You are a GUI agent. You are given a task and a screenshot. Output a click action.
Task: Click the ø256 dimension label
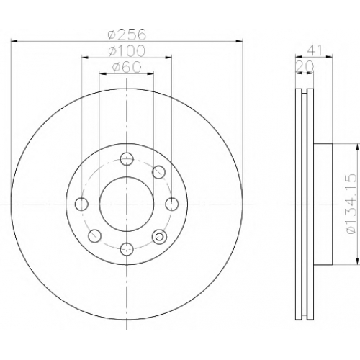pos(127,35)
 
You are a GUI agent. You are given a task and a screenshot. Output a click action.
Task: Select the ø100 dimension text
pos(127,50)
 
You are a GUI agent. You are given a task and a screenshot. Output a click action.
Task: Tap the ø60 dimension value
pos(127,67)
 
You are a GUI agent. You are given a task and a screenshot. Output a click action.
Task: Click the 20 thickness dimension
pos(305,66)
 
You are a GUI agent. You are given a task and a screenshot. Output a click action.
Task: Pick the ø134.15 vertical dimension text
pos(351,204)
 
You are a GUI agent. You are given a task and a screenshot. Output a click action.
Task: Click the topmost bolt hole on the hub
pos(127,158)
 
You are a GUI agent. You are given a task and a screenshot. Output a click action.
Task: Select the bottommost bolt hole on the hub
pos(127,249)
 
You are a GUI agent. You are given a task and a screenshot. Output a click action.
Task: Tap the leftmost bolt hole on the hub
pos(81,204)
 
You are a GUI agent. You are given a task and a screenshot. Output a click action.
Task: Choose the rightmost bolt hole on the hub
pos(172,204)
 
